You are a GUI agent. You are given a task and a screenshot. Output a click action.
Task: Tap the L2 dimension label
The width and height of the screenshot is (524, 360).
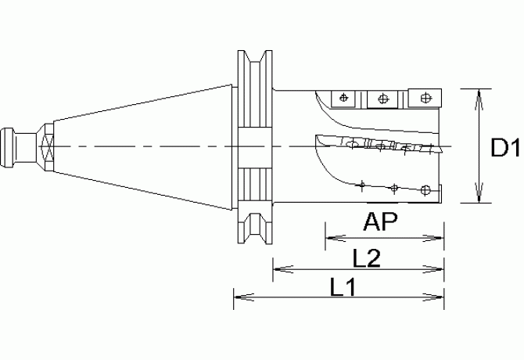tap(366, 257)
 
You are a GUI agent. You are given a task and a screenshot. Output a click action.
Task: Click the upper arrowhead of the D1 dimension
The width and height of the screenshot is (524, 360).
tap(479, 93)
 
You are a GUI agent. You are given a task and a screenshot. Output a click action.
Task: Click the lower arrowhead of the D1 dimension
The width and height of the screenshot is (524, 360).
tap(479, 197)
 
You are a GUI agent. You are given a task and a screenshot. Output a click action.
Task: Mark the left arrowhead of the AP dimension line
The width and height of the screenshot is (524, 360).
tap(329, 237)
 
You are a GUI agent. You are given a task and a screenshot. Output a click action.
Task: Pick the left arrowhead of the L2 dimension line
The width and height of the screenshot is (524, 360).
tap(277, 270)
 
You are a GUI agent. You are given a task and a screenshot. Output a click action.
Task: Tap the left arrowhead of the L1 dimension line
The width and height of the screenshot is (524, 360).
tap(239, 296)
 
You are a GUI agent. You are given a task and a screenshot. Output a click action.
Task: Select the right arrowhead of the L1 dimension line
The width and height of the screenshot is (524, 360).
tap(440, 296)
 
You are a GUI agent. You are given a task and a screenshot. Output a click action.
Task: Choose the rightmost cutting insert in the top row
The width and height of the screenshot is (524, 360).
tap(425, 98)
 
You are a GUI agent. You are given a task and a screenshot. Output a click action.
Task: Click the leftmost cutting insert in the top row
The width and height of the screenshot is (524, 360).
tap(342, 98)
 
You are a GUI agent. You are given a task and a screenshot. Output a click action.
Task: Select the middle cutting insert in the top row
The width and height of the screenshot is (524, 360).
tap(382, 99)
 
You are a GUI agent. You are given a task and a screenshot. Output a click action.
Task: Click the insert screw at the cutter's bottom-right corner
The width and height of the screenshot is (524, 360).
tap(425, 189)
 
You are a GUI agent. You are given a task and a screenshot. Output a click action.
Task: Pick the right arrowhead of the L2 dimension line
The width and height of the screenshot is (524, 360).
tap(440, 270)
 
